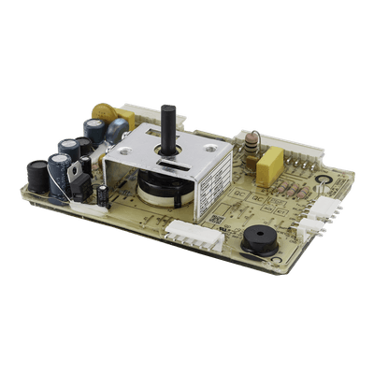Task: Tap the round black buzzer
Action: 259,240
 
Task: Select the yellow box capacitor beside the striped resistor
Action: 269,165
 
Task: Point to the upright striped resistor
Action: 251,144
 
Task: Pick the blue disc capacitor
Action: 116,131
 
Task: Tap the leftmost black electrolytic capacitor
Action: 37,175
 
